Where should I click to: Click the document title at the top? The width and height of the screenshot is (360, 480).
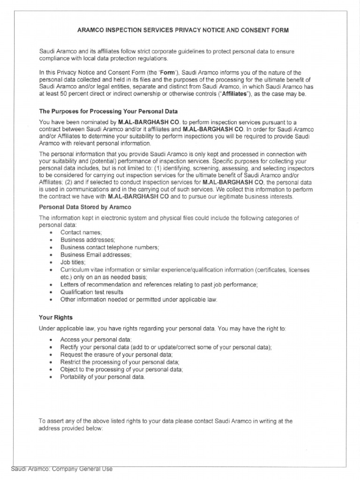182,30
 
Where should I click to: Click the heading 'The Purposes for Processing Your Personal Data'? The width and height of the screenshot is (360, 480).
108,112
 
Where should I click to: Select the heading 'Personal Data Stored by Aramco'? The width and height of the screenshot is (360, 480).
85,207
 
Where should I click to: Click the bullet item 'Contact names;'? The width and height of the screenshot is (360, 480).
81,232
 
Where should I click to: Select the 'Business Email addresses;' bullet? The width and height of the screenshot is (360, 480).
96,255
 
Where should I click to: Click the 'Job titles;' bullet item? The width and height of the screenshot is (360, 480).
73,262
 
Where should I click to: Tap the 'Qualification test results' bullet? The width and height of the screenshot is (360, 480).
92,292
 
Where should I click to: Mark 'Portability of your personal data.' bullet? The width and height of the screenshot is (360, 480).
103,377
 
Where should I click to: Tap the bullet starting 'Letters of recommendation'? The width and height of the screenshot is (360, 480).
159,285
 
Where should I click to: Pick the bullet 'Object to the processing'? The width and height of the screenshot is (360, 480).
121,369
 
